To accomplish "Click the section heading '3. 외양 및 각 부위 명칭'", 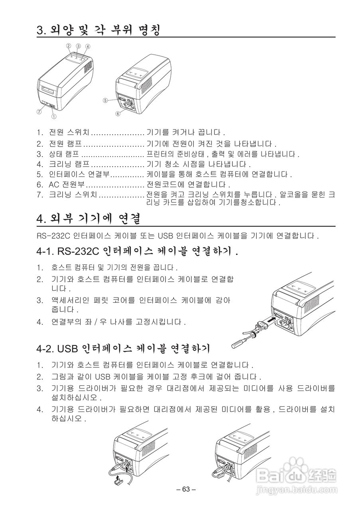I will [x=98, y=30].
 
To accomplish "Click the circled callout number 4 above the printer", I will [x=88, y=46].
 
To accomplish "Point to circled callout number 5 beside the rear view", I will [x=104, y=100].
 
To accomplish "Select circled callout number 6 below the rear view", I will [x=118, y=114].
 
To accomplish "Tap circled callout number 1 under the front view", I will [x=53, y=116].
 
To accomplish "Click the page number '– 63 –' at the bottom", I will [x=186, y=489].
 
